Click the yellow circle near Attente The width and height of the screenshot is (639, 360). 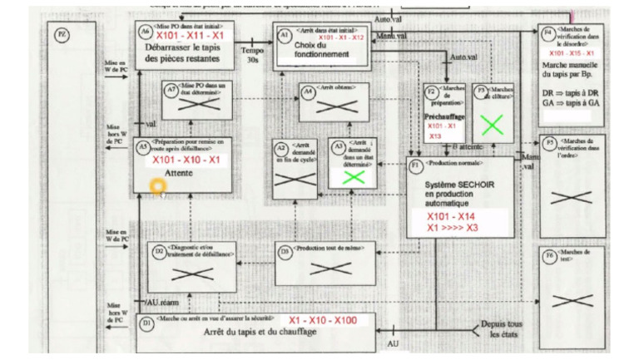pos(158,184)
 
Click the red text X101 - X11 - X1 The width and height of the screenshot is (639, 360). pos(190,37)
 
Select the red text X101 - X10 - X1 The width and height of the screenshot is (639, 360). pos(187,160)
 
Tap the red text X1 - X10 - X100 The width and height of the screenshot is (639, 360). pos(323,320)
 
